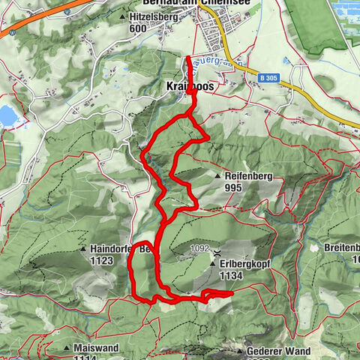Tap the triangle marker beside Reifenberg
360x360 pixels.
[x=218, y=175]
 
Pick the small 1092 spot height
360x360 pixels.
[x=199, y=247]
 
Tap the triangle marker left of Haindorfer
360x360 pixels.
[x=83, y=249]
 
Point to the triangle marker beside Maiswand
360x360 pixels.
[x=68, y=348]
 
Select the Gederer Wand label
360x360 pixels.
[x=278, y=351]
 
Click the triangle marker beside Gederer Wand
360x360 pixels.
[x=240, y=351]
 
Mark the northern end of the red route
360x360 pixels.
[x=187, y=57]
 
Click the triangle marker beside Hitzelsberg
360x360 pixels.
[x=123, y=15]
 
